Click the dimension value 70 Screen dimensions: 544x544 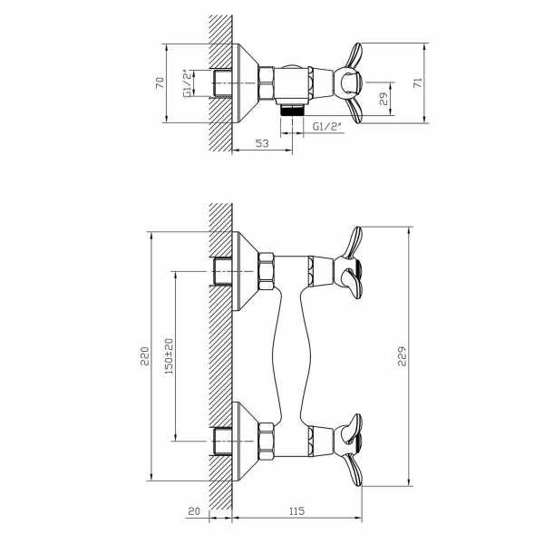click(160, 83)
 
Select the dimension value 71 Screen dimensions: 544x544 click(418, 83)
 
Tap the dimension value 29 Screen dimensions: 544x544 click(384, 99)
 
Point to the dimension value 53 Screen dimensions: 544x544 click(262, 143)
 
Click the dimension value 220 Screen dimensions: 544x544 click(145, 356)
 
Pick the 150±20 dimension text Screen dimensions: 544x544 click(169, 356)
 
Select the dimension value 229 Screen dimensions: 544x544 click(402, 356)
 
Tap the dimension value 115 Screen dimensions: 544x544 click(296, 511)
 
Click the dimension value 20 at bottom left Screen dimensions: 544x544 click(195, 511)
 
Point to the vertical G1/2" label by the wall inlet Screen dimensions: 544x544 click(187, 83)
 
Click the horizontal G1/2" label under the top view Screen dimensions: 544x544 click(327, 127)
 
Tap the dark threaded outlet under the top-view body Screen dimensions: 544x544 click(292, 110)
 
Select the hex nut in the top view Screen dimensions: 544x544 click(267, 83)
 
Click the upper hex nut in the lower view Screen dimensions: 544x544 click(267, 271)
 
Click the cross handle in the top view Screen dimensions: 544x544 click(348, 83)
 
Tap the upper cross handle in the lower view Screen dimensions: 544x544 click(348, 263)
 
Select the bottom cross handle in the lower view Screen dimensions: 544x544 click(348, 450)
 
